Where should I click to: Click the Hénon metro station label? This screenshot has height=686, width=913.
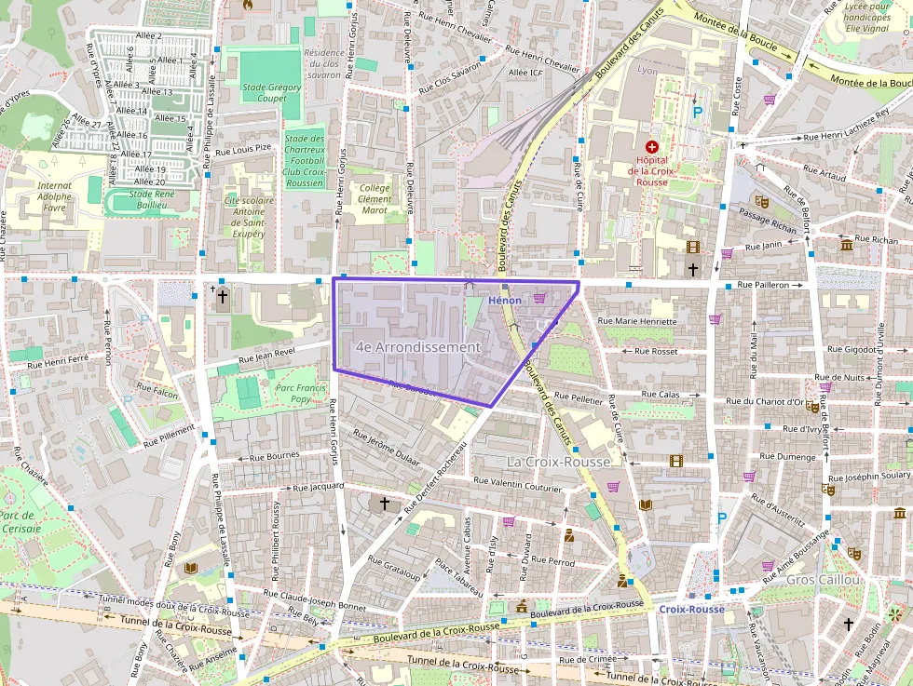(504, 301)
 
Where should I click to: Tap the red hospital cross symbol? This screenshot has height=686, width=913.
(651, 147)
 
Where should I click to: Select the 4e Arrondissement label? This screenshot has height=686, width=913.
(418, 347)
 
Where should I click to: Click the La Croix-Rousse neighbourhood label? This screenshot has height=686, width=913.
(558, 462)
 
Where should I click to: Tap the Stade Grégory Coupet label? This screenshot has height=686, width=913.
(271, 93)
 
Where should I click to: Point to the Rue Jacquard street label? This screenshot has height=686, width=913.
(319, 487)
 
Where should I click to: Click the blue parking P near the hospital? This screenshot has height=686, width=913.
(698, 113)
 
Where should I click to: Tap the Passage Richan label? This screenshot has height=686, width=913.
(768, 220)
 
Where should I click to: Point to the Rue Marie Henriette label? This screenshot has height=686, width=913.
(640, 321)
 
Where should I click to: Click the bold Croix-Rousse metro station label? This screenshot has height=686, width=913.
(691, 610)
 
